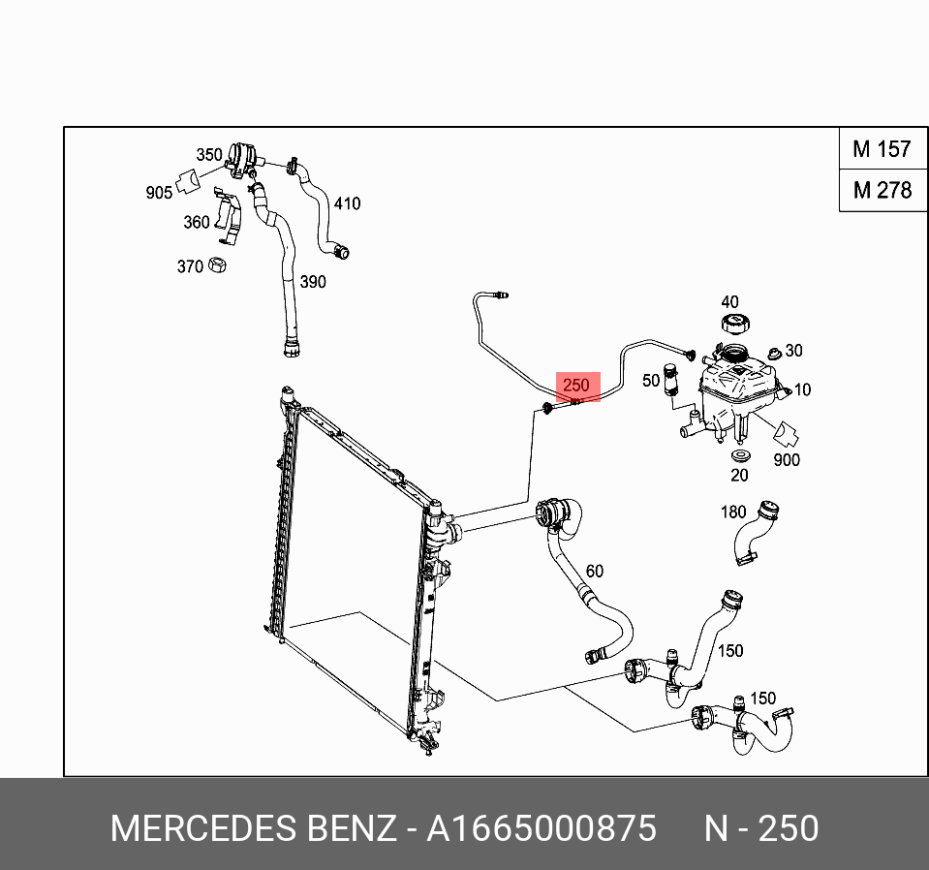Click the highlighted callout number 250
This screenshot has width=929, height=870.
[576, 386]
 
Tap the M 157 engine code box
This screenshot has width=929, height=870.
[882, 149]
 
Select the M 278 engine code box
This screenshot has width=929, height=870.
[882, 190]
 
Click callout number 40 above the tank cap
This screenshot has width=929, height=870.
[729, 302]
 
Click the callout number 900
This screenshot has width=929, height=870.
[787, 459]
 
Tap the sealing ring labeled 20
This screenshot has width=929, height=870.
[741, 455]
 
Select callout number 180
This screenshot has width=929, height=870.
[732, 512]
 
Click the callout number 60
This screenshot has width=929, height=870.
[594, 571]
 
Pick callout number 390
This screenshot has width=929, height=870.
[312, 282]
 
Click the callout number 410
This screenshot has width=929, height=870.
[347, 203]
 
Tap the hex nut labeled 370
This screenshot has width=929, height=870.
[219, 264]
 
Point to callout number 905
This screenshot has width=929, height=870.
[159, 193]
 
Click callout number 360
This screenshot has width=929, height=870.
[197, 222]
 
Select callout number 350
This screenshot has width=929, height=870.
[209, 155]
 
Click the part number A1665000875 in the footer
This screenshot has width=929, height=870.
[542, 829]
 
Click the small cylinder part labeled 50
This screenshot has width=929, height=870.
[668, 381]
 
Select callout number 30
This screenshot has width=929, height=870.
[793, 351]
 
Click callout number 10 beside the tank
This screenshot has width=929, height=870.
[802, 389]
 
